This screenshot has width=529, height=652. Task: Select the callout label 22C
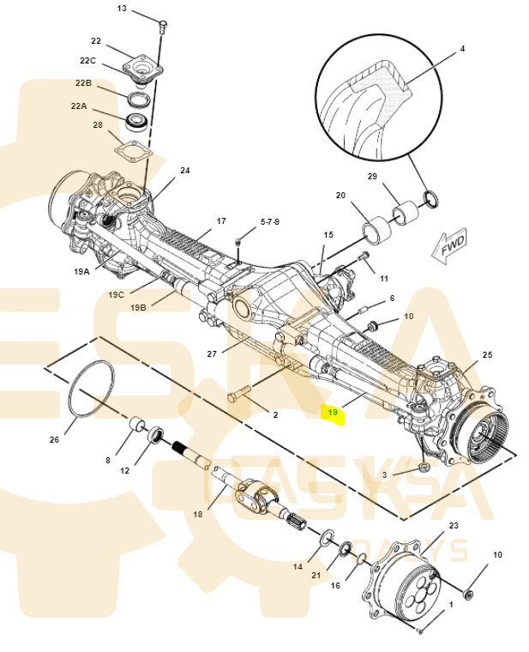coord(88,60)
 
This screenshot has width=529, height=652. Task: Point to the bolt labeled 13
coord(161,25)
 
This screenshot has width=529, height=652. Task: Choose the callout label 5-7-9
coord(270,220)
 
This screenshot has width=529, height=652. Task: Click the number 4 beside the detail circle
coord(462,49)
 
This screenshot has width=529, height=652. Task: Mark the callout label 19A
coord(81,270)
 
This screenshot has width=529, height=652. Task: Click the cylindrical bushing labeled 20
coord(376,230)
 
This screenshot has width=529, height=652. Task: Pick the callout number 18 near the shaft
coord(198,515)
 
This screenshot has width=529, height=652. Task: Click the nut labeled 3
coord(424,468)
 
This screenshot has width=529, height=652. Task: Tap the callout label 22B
coord(83,83)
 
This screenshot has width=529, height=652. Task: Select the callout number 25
coord(487,354)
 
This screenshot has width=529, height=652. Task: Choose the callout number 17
coord(221,220)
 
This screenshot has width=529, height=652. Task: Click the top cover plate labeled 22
coord(141,66)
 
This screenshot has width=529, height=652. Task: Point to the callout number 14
coord(298,567)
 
